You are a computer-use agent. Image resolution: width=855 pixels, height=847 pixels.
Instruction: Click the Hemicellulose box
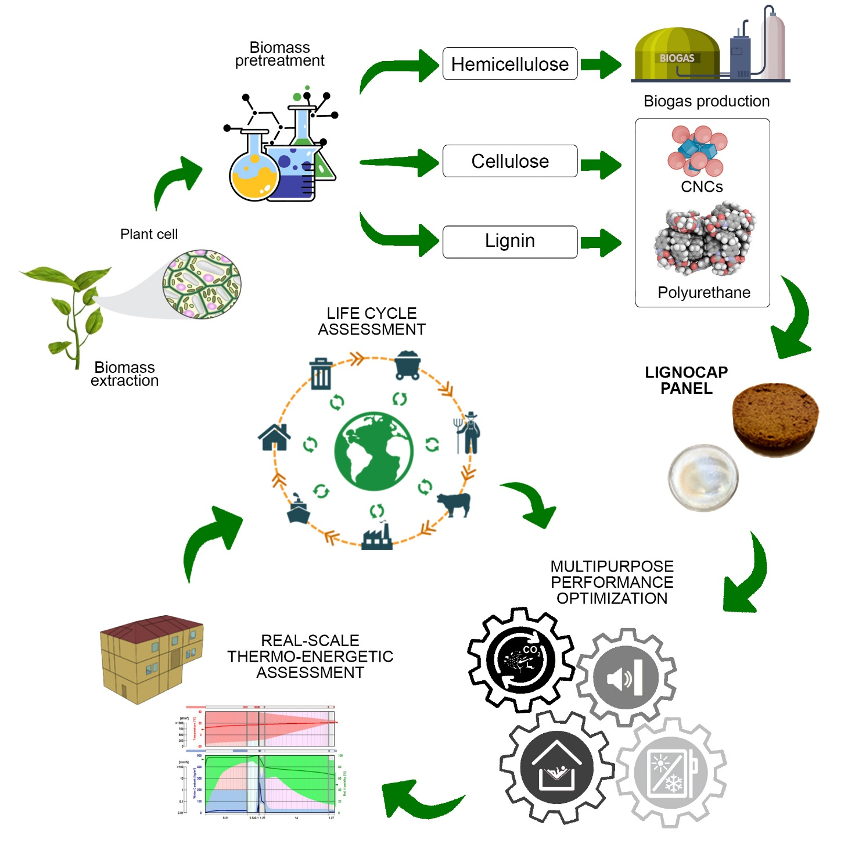pyautogui.click(x=509, y=64)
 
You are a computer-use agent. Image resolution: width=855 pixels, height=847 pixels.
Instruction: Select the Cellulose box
pyautogui.click(x=509, y=161)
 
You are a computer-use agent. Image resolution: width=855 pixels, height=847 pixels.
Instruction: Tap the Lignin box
pyautogui.click(x=509, y=241)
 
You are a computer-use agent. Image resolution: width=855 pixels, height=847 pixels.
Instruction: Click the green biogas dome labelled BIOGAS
pyautogui.click(x=677, y=55)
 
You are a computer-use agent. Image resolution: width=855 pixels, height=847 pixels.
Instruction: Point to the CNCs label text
pyautogui.click(x=702, y=187)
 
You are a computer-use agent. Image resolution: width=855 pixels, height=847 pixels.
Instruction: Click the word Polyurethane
pyautogui.click(x=703, y=292)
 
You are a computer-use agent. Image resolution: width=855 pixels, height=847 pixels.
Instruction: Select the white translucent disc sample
pyautogui.click(x=703, y=478)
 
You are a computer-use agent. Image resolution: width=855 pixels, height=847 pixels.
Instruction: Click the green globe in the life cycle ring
pyautogui.click(x=373, y=451)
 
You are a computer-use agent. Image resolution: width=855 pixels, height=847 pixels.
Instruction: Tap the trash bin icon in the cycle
pyautogui.click(x=321, y=374)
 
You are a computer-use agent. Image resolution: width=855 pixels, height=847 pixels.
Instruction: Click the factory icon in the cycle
pyautogui.click(x=377, y=537)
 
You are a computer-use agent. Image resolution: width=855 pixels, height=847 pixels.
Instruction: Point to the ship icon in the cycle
pyautogui.click(x=299, y=509)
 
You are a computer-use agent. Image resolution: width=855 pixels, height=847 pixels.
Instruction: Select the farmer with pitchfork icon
pyautogui.click(x=468, y=433)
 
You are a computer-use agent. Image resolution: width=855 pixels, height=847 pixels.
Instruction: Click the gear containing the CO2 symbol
pyautogui.click(x=521, y=660)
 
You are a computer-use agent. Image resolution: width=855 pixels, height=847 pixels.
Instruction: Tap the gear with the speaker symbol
pyautogui.click(x=626, y=677)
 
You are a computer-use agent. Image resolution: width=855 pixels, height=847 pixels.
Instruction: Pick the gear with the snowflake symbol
pyautogui.click(x=671, y=773)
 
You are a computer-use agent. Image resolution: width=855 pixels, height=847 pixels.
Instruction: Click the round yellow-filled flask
pyautogui.click(x=254, y=173)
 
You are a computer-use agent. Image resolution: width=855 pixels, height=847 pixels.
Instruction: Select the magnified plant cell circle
pyautogui.click(x=202, y=284)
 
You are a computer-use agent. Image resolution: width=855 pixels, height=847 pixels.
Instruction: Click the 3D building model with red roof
pyautogui.click(x=151, y=658)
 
